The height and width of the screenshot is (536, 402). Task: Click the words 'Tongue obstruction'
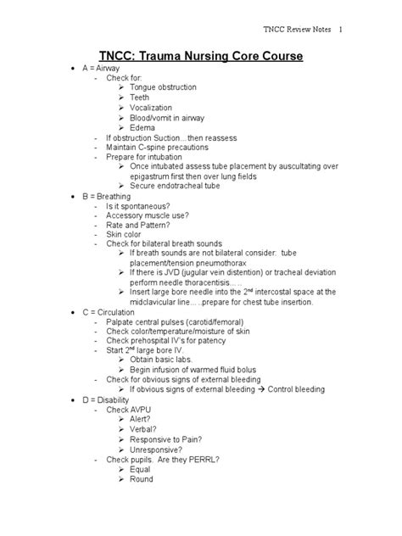163,87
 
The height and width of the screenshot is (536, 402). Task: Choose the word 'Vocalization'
151,108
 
